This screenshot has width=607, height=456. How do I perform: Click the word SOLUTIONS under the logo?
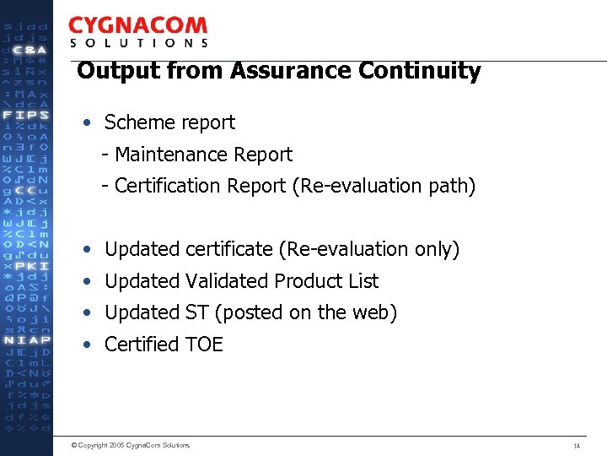click(x=138, y=43)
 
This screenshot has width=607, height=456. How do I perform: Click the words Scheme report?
click(x=169, y=122)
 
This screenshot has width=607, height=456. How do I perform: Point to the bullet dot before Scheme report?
click(x=88, y=123)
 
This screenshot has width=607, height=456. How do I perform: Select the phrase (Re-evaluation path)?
click(x=384, y=186)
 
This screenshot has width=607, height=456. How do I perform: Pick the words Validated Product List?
click(x=282, y=281)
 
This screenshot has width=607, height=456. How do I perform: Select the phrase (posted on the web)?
click(x=306, y=312)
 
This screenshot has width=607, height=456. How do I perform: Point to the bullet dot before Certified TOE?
click(x=88, y=345)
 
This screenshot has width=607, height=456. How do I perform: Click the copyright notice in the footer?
click(x=131, y=445)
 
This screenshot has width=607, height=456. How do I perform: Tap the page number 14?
click(x=577, y=445)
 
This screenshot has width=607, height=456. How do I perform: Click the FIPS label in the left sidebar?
click(x=26, y=114)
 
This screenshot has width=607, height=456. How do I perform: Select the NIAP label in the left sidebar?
click(x=26, y=340)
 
